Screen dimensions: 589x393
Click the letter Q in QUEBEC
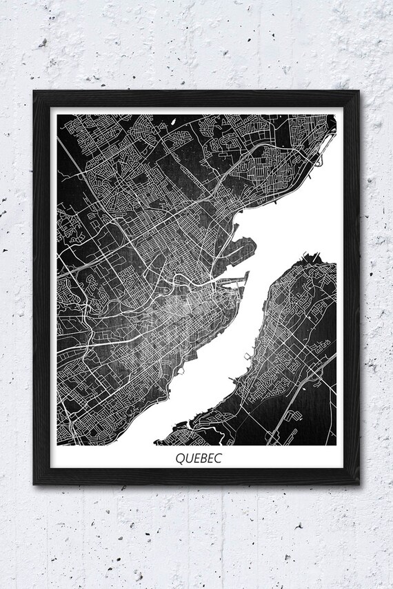coord(180,457)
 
